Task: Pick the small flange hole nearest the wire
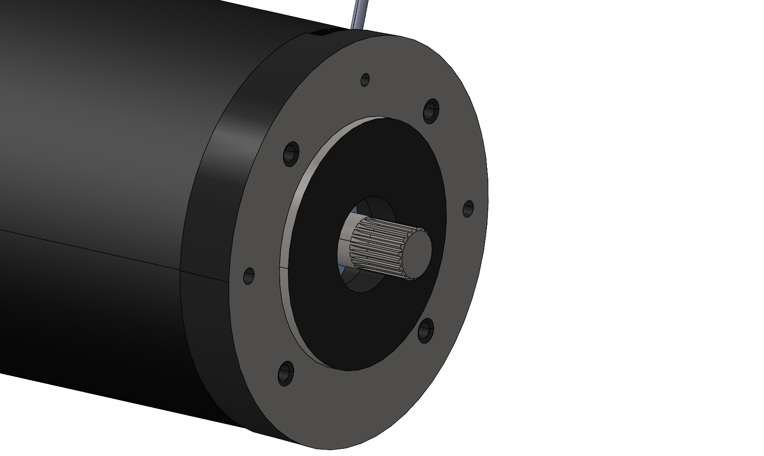[365, 80]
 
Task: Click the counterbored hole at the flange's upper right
[431, 110]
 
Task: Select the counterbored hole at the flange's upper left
[292, 154]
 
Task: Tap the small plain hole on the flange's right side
[468, 209]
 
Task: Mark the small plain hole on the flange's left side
[249, 275]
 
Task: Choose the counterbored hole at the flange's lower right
[426, 330]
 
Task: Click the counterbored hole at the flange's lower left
[286, 373]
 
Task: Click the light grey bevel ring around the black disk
[289, 212]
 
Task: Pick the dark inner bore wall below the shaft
[361, 282]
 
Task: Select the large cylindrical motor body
[90, 135]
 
